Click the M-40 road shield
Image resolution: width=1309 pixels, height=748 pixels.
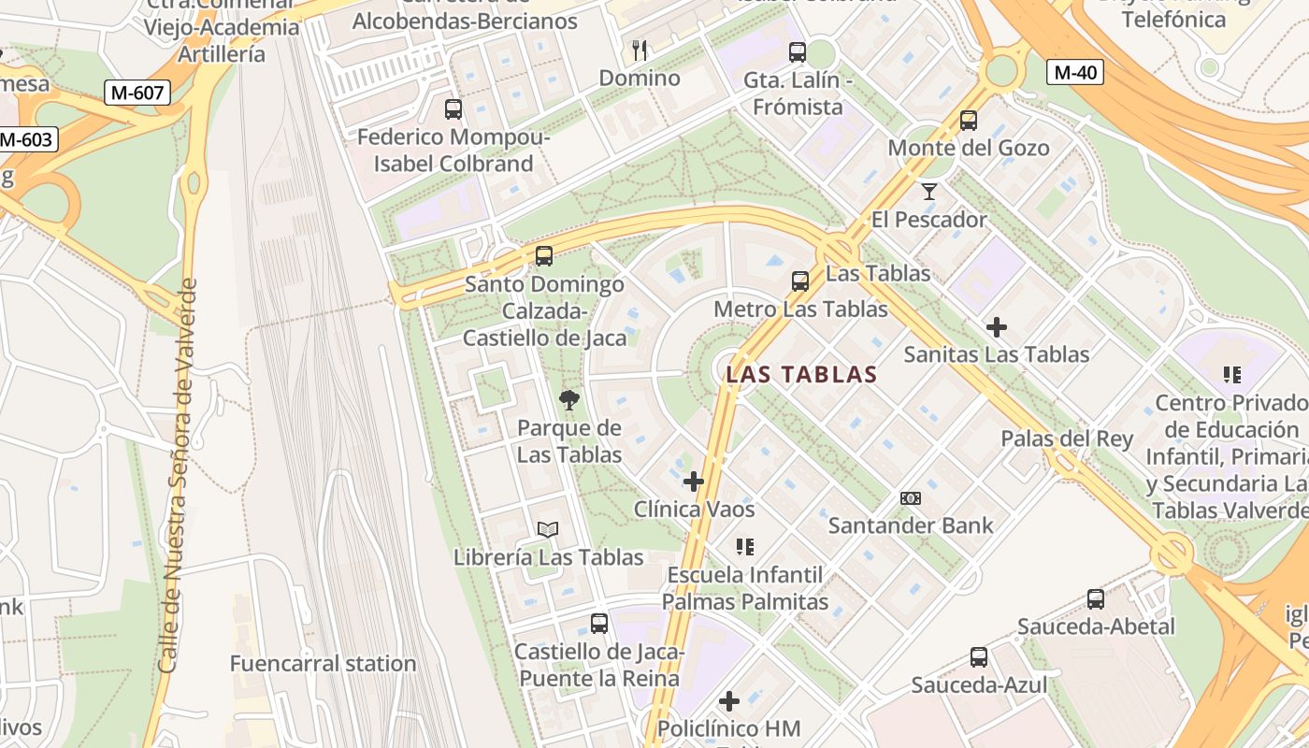pyautogui.click(x=1076, y=72)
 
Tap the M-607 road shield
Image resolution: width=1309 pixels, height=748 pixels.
pyautogui.click(x=137, y=93)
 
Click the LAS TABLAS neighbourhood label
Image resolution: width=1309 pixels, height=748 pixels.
pyautogui.click(x=801, y=375)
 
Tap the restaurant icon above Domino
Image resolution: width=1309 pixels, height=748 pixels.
pyautogui.click(x=640, y=50)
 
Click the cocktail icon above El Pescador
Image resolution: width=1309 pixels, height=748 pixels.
pyautogui.click(x=928, y=192)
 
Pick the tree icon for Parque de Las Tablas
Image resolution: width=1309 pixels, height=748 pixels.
pyautogui.click(x=568, y=401)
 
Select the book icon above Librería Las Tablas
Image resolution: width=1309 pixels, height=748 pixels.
pyautogui.click(x=548, y=530)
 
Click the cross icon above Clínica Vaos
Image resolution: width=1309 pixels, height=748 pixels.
pyautogui.click(x=694, y=482)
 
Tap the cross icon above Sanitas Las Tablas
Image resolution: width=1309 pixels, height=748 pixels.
pyautogui.click(x=997, y=327)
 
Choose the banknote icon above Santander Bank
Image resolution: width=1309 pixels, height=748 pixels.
pyautogui.click(x=910, y=498)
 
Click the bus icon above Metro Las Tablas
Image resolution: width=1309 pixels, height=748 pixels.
pyautogui.click(x=799, y=280)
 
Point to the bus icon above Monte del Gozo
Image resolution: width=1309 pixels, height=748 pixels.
pyautogui.click(x=968, y=121)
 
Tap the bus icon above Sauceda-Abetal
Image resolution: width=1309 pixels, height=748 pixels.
pyautogui.click(x=1095, y=599)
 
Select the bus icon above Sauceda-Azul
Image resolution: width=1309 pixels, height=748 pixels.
pyautogui.click(x=978, y=657)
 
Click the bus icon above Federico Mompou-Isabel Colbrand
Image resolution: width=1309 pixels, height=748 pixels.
pyautogui.click(x=453, y=109)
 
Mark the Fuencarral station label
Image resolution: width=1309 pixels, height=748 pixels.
pyautogui.click(x=323, y=664)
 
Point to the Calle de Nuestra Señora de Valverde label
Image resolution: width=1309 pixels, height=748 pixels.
pyautogui.click(x=178, y=475)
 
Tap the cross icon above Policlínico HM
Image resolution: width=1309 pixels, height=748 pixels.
pyautogui.click(x=729, y=700)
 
